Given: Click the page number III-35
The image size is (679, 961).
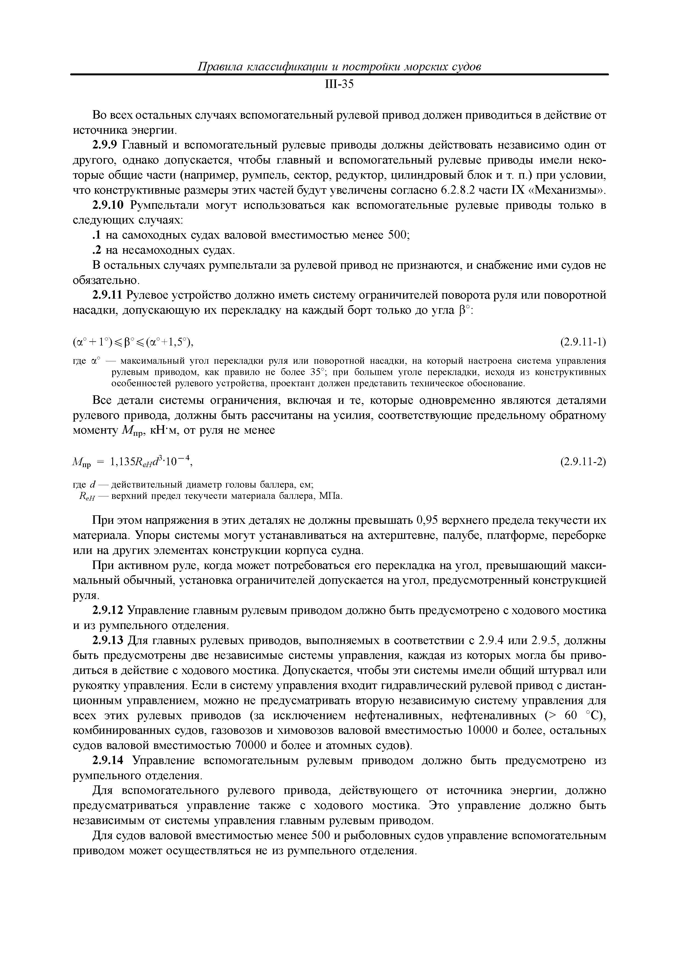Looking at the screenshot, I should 339,85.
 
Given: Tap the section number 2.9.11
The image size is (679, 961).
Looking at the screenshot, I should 108,296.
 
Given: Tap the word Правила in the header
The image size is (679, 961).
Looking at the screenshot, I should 220,67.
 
